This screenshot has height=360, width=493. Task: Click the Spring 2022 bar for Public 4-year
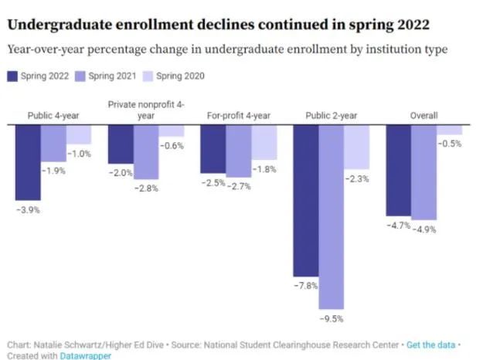tap(28, 161)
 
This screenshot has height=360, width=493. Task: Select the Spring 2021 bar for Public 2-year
tap(331, 216)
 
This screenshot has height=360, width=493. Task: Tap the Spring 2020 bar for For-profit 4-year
tap(263, 142)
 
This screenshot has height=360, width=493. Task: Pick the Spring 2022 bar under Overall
tap(398, 170)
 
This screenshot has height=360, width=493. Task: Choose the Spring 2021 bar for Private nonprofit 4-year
tap(145, 151)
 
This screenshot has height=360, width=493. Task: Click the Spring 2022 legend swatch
tap(13, 76)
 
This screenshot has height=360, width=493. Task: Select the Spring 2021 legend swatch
tap(83, 76)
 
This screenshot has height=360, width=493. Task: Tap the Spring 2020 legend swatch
tap(150, 76)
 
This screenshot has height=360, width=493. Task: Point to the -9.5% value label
tap(331, 318)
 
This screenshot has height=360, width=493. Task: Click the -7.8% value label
tap(305, 286)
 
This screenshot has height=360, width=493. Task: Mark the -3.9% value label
tap(28, 209)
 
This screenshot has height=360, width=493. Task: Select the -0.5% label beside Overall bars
tap(450, 144)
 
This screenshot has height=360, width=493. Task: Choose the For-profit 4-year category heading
tap(238, 116)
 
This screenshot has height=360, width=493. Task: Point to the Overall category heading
tap(423, 116)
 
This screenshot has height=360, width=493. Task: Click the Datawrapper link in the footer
tap(86, 355)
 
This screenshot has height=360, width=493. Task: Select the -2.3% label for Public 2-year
tap(357, 179)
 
